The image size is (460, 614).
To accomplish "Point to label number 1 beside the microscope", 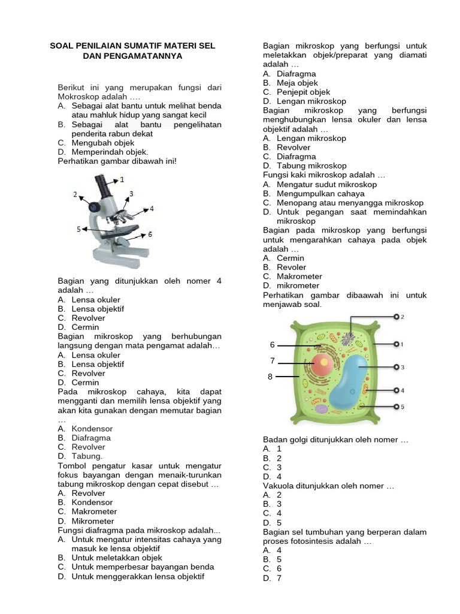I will click(122, 179).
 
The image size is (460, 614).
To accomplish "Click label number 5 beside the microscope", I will click(78, 228).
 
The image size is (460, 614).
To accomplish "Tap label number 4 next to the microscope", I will click(152, 208).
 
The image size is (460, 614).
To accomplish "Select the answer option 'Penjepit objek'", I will click(303, 92).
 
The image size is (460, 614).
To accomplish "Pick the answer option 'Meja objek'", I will click(297, 83).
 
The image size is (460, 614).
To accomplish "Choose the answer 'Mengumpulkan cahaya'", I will click(320, 194).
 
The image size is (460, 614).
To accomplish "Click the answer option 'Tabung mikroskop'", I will click(311, 165).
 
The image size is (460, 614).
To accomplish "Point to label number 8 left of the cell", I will click(270, 377).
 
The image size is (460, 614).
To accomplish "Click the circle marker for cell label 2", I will click(396, 316).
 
